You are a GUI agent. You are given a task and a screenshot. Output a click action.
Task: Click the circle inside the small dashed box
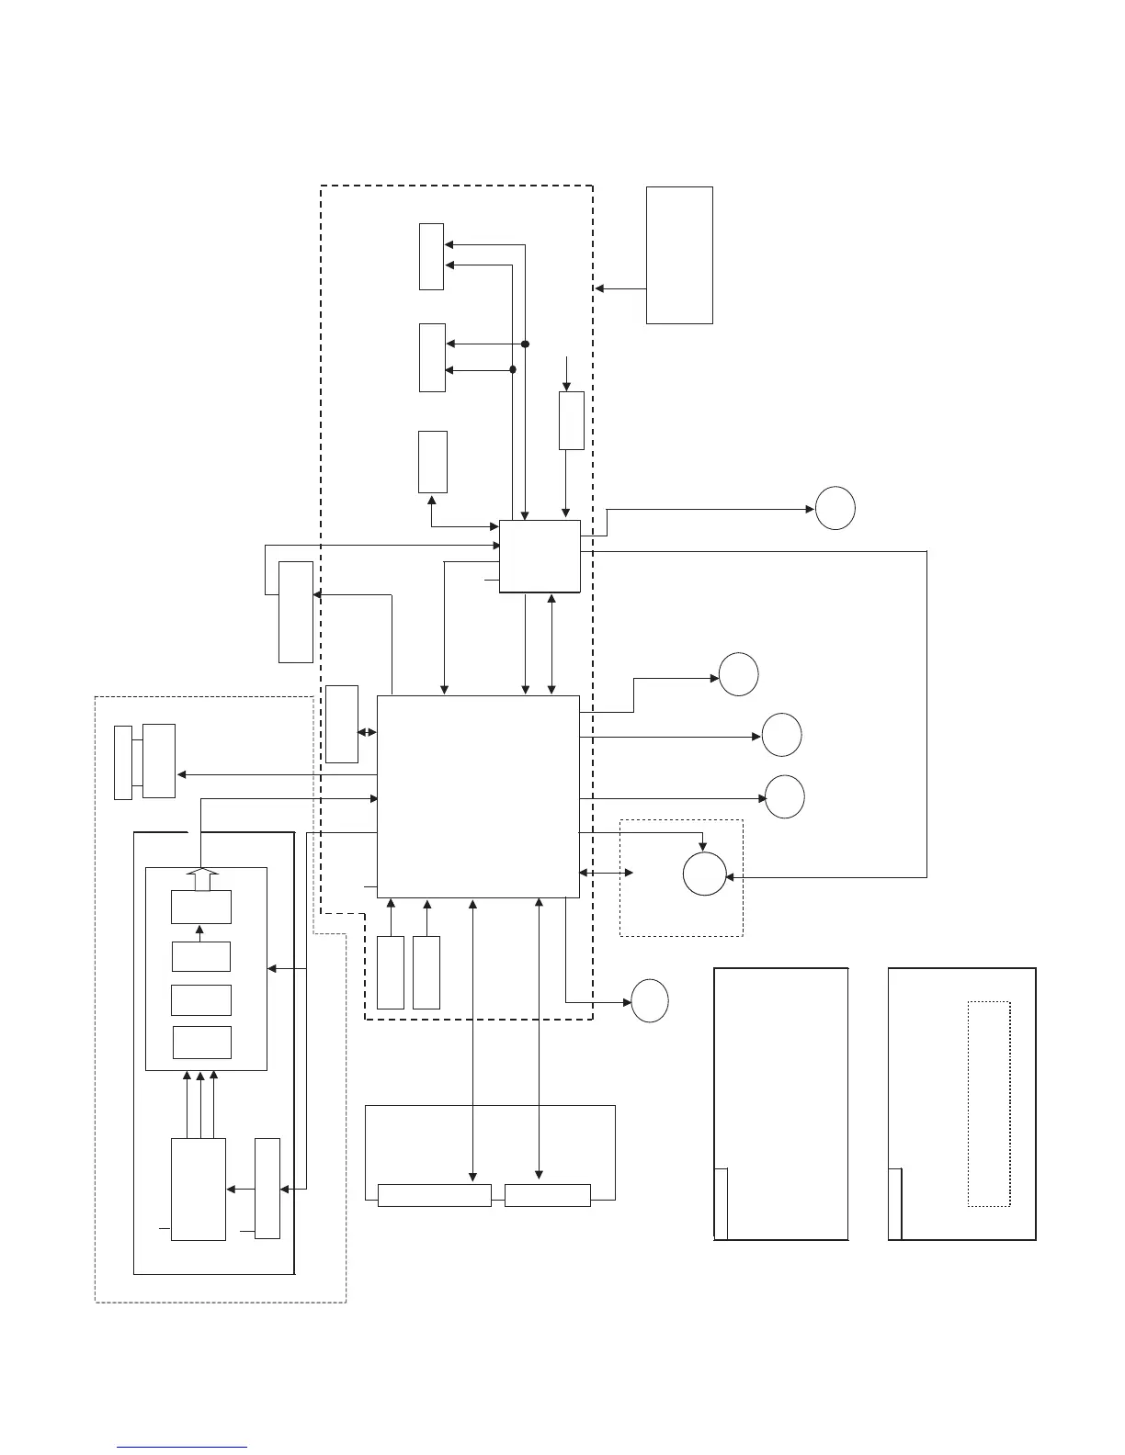click(x=705, y=874)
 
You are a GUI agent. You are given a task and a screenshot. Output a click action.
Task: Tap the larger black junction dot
click(x=526, y=344)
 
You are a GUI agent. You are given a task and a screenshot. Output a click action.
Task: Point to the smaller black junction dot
click(x=513, y=369)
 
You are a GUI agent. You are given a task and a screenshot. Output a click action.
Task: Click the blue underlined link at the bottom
click(x=182, y=1447)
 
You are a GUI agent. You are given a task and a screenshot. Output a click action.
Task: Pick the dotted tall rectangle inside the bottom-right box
click(x=989, y=1103)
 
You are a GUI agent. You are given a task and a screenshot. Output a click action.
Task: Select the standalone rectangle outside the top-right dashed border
click(x=679, y=254)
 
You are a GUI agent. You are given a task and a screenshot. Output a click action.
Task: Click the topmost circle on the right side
click(x=835, y=509)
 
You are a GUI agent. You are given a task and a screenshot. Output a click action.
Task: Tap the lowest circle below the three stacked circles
click(x=649, y=1001)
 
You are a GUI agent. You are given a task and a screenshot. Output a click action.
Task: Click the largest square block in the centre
click(x=478, y=795)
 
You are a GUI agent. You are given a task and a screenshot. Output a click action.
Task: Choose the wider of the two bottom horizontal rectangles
click(x=434, y=1195)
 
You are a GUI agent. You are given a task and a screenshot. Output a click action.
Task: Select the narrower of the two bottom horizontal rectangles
click(x=547, y=1195)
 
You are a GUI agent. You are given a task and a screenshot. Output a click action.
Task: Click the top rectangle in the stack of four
click(x=201, y=907)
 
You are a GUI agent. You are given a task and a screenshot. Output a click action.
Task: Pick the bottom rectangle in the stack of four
click(x=201, y=1043)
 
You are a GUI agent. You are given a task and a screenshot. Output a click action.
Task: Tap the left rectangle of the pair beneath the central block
click(x=391, y=973)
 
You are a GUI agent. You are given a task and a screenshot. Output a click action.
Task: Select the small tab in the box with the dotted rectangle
click(x=894, y=1203)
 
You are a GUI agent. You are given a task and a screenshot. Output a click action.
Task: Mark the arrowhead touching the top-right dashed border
click(x=599, y=288)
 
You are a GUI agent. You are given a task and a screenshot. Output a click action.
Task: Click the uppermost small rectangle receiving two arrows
click(x=431, y=256)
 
